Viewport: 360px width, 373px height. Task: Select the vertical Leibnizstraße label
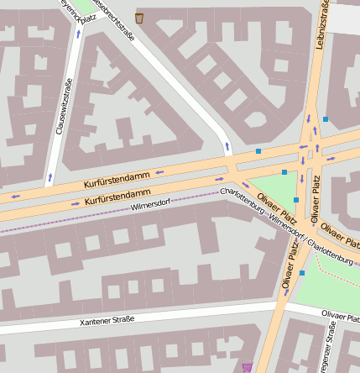[321, 25]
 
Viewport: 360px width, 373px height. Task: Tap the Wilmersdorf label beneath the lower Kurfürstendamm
[151, 204]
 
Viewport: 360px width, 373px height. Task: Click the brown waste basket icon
[138, 18]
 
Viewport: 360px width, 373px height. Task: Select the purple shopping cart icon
[247, 367]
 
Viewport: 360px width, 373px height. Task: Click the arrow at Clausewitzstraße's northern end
[79, 34]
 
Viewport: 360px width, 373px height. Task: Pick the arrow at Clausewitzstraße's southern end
[50, 177]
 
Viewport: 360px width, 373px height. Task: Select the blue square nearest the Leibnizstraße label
[326, 119]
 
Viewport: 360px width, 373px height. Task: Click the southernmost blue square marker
[302, 273]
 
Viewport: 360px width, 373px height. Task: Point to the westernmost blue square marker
[258, 151]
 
